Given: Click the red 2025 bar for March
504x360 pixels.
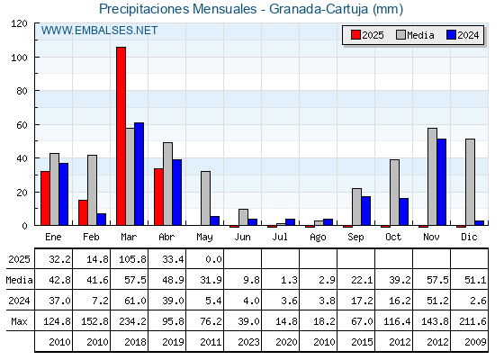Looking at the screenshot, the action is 121,136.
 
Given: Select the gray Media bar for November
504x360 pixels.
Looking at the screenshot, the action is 432,176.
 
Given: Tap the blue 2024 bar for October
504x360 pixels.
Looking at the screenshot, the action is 404,211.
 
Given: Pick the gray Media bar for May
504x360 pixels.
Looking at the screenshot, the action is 206,198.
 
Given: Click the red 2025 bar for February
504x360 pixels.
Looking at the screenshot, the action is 83,212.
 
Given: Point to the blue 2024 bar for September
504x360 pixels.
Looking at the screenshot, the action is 365,211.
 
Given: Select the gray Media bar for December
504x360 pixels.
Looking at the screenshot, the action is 470,182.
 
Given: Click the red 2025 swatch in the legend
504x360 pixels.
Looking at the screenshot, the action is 355,35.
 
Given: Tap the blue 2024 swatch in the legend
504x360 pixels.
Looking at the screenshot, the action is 451,35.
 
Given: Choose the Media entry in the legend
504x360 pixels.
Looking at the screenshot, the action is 415,35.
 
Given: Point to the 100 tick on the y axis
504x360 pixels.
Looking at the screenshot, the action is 36,58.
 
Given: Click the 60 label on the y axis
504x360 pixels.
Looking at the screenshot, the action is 22,125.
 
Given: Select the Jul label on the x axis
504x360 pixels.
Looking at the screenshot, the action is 280,237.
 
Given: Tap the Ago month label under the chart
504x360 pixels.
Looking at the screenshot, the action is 318,238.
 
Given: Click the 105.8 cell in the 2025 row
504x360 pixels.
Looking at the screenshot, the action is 132,259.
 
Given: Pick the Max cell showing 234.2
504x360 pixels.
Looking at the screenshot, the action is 132,321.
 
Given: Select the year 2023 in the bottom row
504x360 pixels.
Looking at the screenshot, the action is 248,342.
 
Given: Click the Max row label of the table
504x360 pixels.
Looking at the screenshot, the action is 19,321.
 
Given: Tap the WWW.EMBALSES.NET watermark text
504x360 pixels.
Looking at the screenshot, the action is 99,31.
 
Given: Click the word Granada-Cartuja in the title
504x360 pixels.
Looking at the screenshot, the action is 319,9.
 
